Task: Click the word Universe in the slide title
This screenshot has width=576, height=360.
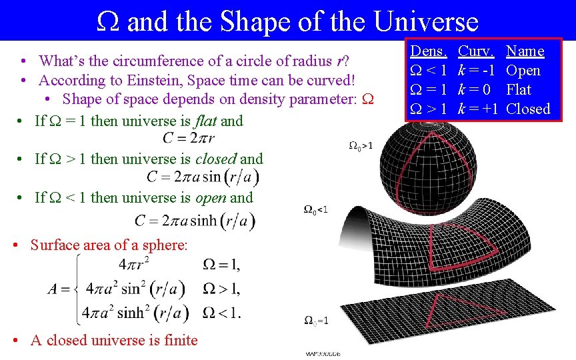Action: click(x=426, y=21)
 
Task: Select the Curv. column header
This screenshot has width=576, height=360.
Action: click(x=476, y=51)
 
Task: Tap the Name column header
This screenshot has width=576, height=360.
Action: click(x=525, y=51)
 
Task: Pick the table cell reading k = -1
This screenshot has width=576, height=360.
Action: click(x=476, y=71)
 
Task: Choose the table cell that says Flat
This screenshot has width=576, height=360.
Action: click(x=519, y=89)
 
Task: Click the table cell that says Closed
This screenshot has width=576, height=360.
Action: click(x=528, y=109)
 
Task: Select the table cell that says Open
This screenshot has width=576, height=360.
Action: click(x=523, y=71)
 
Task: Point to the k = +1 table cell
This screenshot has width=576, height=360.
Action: click(x=478, y=109)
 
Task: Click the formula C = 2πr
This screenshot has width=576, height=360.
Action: click(x=189, y=139)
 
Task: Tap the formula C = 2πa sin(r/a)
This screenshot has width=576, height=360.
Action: click(x=203, y=177)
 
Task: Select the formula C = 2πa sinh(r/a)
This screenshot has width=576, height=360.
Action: click(x=194, y=220)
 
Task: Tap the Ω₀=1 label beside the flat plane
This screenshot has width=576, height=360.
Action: click(x=315, y=321)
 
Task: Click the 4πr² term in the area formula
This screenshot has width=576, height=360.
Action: click(x=133, y=265)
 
